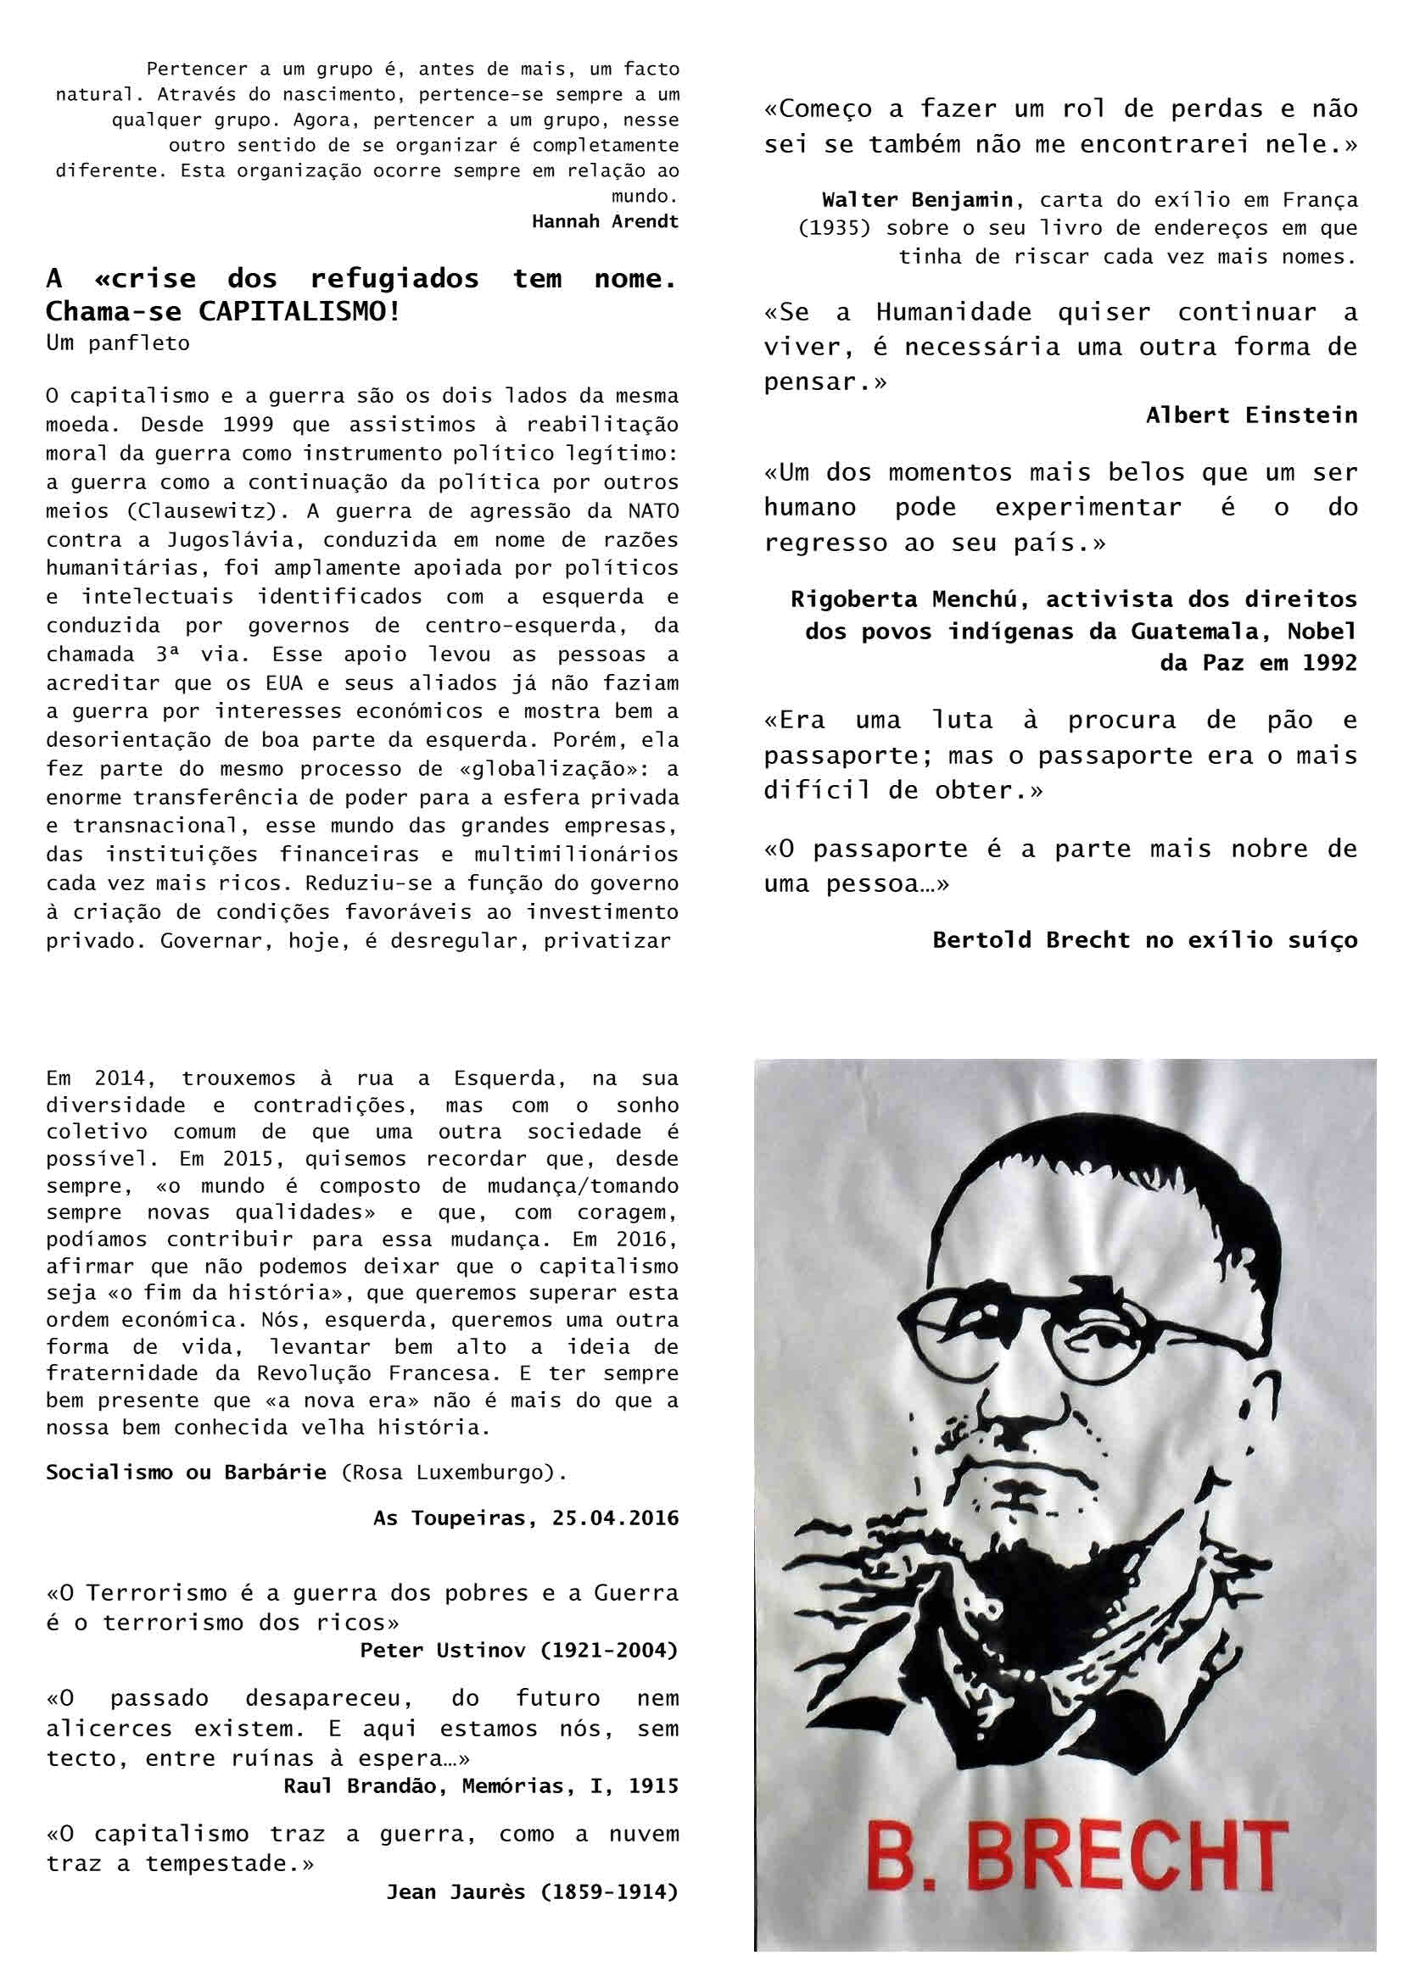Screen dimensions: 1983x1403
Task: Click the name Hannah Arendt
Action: (x=605, y=221)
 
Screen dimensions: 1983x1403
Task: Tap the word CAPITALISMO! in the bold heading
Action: (x=300, y=311)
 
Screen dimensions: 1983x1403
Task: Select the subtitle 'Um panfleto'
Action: (x=118, y=343)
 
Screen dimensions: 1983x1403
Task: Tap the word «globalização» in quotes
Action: (x=562, y=769)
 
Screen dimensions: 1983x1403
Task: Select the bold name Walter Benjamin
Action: (x=917, y=200)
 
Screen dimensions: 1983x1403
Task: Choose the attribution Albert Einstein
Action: (x=1252, y=415)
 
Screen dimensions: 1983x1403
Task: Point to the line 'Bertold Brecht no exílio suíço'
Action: (x=1144, y=939)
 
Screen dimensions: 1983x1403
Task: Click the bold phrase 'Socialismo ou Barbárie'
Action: (x=186, y=1472)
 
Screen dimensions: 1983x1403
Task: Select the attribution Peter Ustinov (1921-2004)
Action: (x=519, y=1650)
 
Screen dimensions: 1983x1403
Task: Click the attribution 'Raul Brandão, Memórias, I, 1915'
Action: (x=481, y=1785)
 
